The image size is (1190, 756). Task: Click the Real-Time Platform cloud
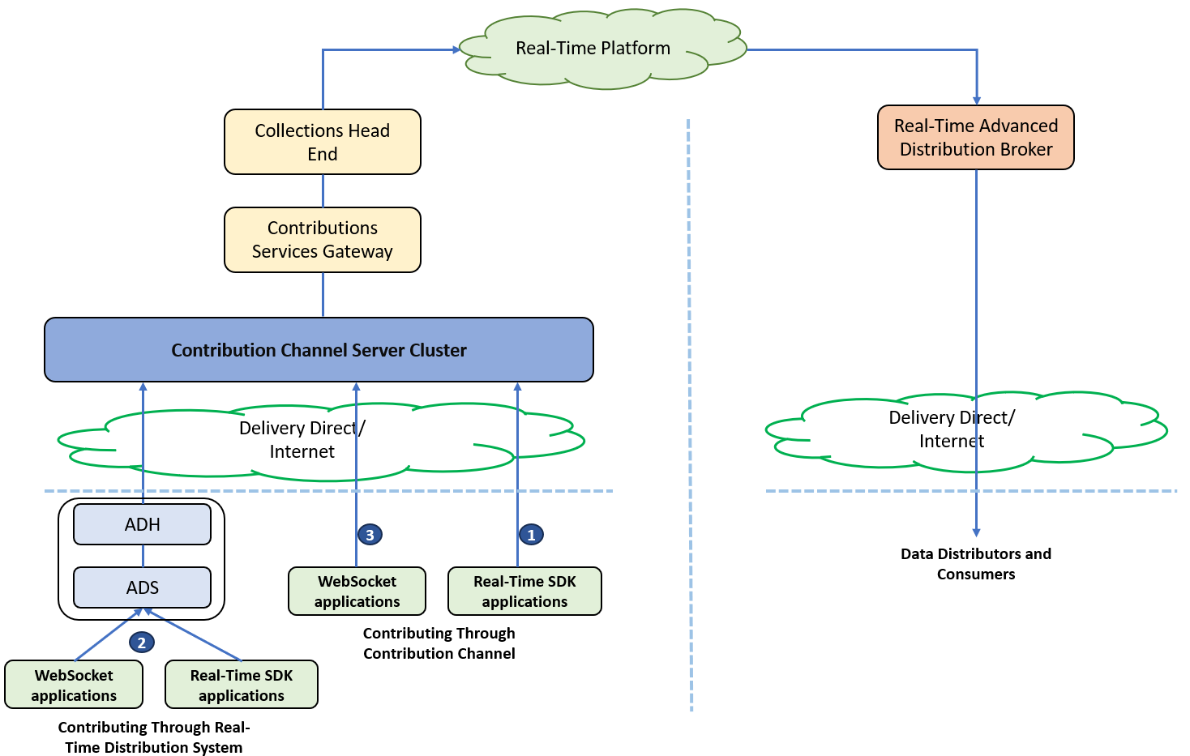pos(602,49)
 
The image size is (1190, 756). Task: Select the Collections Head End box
pos(323,142)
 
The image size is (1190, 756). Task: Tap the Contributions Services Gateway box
pos(323,239)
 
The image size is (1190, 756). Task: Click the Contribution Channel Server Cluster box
pos(319,350)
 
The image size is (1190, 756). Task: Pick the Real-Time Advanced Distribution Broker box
pos(976,138)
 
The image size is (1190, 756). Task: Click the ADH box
pos(143,524)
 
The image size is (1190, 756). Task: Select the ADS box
pos(143,587)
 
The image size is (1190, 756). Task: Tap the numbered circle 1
pos(531,535)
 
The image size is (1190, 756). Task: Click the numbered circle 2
pos(142,643)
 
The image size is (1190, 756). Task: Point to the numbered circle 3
pos(370,535)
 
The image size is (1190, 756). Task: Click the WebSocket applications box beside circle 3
pos(357,592)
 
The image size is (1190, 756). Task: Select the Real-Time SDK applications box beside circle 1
pos(524,592)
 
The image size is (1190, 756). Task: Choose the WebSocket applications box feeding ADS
pos(74,685)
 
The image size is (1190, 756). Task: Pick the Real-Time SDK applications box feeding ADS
pos(242,685)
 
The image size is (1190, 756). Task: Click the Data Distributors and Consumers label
pos(976,564)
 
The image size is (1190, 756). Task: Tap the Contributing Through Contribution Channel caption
pos(439,643)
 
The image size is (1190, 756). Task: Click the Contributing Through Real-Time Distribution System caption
pos(154,737)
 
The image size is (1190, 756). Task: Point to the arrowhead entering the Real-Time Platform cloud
pos(456,50)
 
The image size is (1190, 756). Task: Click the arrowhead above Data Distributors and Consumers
pos(977,533)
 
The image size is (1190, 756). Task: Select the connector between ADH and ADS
pos(143,556)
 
